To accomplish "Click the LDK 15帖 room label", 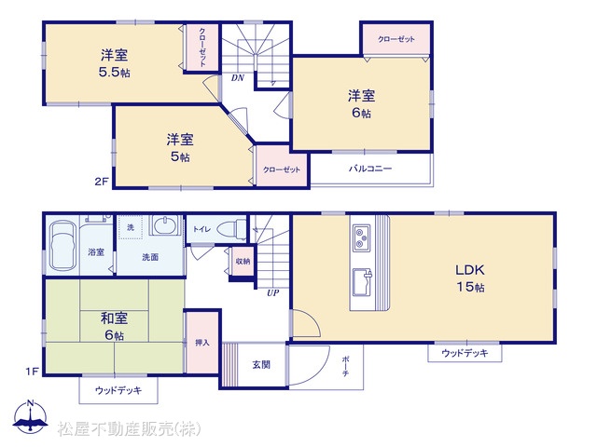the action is pos(470,278).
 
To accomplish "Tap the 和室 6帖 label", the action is pos(114,326).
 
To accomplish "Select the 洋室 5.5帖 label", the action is pos(114,63).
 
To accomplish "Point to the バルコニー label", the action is pos(370,169).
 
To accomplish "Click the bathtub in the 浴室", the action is pos(63,246).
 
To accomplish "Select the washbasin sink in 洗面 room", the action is pos(166,224).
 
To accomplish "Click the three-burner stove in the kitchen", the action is pos(362,238).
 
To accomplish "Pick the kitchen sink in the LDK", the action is pos(363,281).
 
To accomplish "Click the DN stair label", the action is pos(238,78).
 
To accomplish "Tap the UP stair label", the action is pos(272,292).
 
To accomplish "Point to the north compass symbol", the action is pos(31,416).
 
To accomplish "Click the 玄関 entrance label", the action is pos(261,364).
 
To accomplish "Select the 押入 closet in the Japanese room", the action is pos(202,342).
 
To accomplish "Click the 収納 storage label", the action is pos(243,261).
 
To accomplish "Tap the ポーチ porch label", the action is pos(345,366).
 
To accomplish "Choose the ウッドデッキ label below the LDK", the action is pos(465,353).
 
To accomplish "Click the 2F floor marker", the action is pos(102,182).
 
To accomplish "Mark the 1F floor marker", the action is pos(33,371).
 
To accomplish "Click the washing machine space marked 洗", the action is pos(131,227).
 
